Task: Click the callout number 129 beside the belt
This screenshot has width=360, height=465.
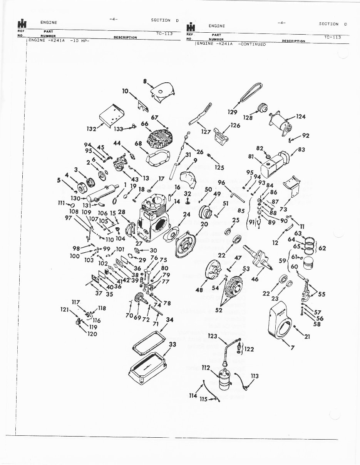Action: pyautogui.click(x=233, y=112)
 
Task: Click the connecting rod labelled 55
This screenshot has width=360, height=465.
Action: pyautogui.click(x=308, y=291)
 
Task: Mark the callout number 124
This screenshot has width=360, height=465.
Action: pyautogui.click(x=301, y=117)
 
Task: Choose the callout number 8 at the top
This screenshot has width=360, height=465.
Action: pyautogui.click(x=146, y=81)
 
